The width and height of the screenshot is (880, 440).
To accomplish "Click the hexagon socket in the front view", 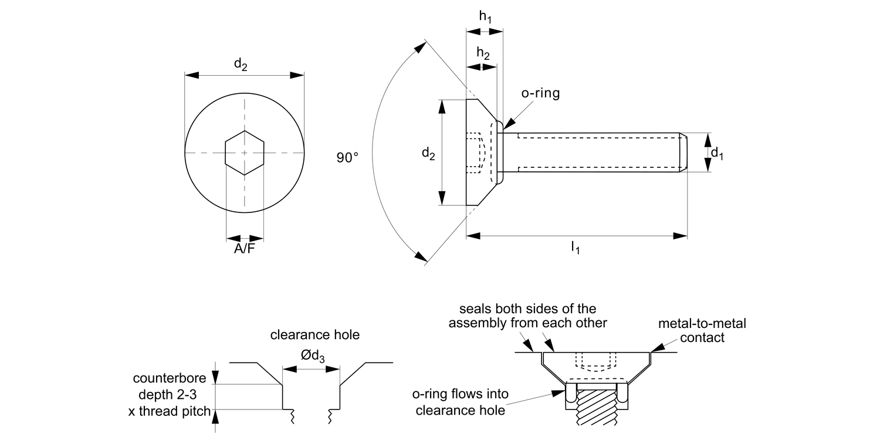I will click(x=245, y=153).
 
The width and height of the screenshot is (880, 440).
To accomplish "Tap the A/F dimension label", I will click(x=245, y=249).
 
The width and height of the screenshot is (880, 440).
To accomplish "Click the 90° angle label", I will click(x=347, y=158).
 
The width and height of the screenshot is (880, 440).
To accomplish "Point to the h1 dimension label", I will click(x=485, y=17).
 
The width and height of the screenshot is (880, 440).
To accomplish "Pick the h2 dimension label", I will click(x=483, y=53).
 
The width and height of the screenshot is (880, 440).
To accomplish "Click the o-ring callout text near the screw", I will click(x=540, y=93).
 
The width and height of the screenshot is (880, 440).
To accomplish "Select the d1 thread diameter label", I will click(x=717, y=153).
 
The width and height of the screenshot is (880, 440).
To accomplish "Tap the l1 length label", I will click(x=576, y=248).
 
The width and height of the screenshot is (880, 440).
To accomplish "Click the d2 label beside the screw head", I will click(x=428, y=153).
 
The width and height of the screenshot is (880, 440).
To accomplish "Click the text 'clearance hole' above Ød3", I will click(x=314, y=335).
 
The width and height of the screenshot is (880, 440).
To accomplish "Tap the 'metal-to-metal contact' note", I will click(x=702, y=330).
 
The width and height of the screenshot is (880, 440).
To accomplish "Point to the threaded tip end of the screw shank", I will click(x=683, y=153).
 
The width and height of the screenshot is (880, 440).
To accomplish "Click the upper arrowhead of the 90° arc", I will click(x=419, y=47).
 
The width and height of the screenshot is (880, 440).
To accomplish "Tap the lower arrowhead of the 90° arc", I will click(x=419, y=257).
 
